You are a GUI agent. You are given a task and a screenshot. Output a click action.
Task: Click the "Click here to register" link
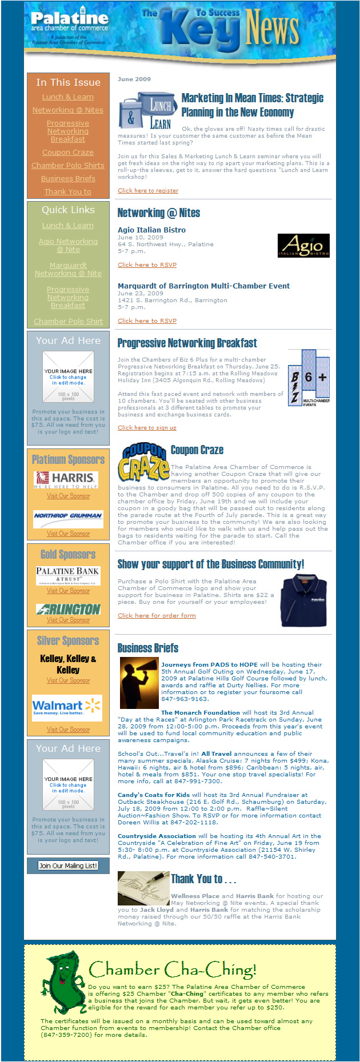pos(148,191)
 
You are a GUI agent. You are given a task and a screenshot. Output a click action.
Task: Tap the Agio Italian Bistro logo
pos(303,245)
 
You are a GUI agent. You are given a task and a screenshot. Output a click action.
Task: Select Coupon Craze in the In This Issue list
pos(67,153)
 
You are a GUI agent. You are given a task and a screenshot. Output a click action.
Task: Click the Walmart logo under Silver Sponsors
pos(67,708)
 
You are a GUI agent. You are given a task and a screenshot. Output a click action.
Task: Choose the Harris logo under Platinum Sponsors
pos(66,479)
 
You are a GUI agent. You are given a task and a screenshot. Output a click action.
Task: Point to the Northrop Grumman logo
pos(68,516)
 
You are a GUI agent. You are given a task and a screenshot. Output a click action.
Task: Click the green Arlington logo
pos(68,609)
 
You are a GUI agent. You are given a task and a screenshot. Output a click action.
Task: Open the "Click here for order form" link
pos(157,616)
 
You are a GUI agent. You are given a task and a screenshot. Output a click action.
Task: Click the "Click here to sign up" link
pos(147,427)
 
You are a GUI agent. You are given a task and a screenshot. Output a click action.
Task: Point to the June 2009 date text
pos(134,79)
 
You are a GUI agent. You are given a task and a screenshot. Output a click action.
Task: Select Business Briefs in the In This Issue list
pos(67,179)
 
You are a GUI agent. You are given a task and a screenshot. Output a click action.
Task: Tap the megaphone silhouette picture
pos(139,682)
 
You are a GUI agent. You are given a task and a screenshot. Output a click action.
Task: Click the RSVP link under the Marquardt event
pos(147,321)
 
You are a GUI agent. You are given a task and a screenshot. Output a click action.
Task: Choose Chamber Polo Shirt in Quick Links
pos(68,322)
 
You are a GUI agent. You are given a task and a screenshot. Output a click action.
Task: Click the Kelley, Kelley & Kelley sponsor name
pos(68,664)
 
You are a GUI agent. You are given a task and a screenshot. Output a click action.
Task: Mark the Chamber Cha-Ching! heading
pos(173,969)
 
